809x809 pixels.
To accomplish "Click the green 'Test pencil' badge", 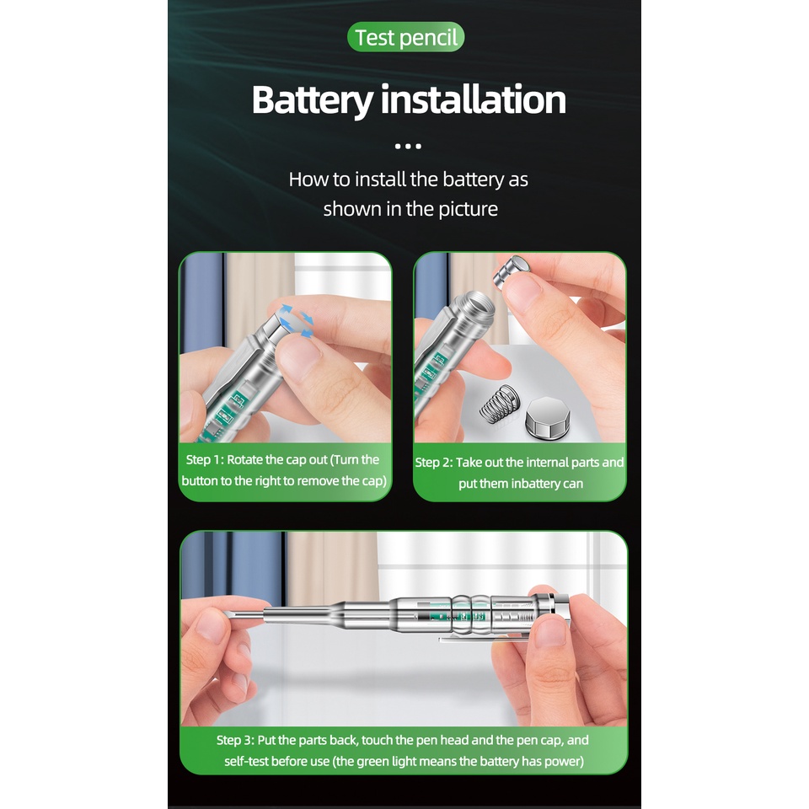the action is tap(405, 37).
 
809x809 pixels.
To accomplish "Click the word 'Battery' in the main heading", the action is tap(312, 100).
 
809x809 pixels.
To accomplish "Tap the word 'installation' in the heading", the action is tap(473, 99).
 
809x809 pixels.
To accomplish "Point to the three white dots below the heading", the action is tap(408, 147).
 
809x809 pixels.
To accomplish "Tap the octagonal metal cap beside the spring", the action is tap(548, 417).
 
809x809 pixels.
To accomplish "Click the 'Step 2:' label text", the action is tap(434, 463).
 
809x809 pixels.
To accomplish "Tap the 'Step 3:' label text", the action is tap(235, 741).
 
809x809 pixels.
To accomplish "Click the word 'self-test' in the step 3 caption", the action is tap(246, 762).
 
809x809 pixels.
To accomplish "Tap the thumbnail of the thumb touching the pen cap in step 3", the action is tap(551, 633).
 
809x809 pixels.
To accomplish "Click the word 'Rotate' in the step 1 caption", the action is tap(245, 460).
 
